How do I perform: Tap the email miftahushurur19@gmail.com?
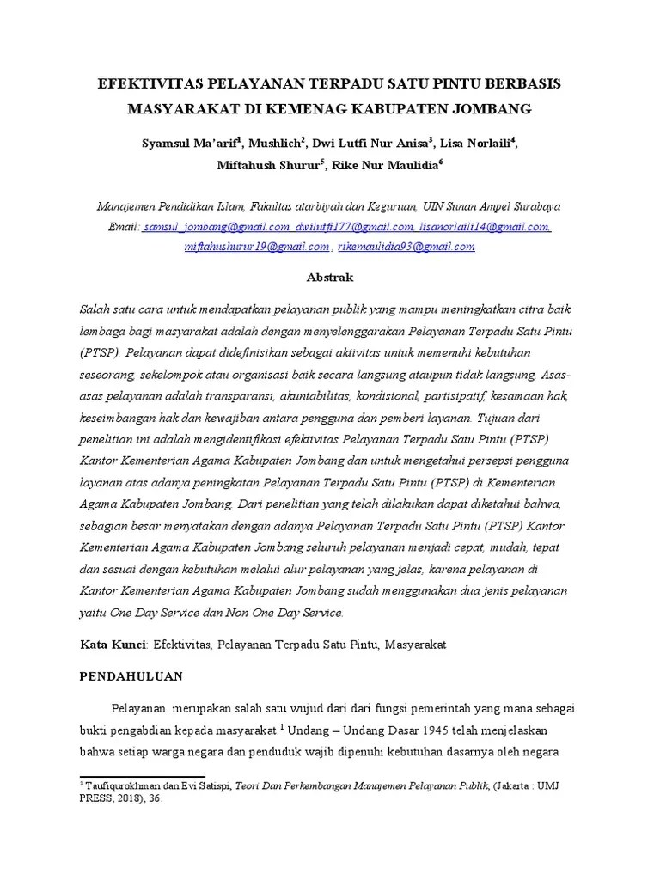click(x=257, y=247)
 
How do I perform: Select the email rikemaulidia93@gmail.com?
click(x=406, y=247)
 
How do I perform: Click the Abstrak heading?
click(x=330, y=278)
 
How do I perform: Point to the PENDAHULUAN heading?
click(x=131, y=676)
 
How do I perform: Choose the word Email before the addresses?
click(x=123, y=227)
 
